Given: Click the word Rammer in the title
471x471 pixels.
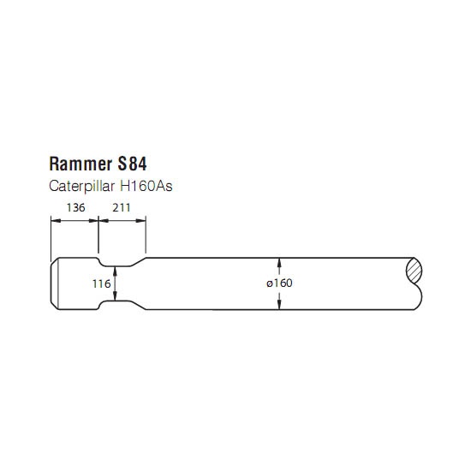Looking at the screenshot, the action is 80,164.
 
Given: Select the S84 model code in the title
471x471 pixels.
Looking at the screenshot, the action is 132,164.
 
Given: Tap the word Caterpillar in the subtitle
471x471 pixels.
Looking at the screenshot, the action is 81,186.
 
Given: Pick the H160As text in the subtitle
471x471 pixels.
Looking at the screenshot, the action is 146,186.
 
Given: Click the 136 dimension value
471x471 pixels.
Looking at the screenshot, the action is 75,207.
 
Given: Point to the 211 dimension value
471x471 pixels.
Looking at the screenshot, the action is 122,207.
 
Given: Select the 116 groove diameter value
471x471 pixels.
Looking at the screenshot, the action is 102,283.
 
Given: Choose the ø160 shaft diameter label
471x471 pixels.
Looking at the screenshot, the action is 279,283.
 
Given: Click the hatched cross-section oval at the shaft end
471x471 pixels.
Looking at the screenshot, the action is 414,271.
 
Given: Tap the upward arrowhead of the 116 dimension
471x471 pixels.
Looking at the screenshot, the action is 115,271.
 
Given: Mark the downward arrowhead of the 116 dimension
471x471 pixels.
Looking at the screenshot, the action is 115,296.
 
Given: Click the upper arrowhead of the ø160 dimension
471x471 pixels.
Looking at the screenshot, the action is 279,262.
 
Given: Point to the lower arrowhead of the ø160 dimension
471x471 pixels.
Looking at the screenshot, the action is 279,305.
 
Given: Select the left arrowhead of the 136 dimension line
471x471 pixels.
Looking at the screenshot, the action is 56,221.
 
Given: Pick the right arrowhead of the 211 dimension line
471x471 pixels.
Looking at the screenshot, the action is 141,221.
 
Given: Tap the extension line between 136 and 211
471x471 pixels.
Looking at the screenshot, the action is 98,235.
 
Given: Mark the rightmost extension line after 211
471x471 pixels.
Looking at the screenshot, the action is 146,235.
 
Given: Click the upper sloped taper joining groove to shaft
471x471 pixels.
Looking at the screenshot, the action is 138,262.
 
